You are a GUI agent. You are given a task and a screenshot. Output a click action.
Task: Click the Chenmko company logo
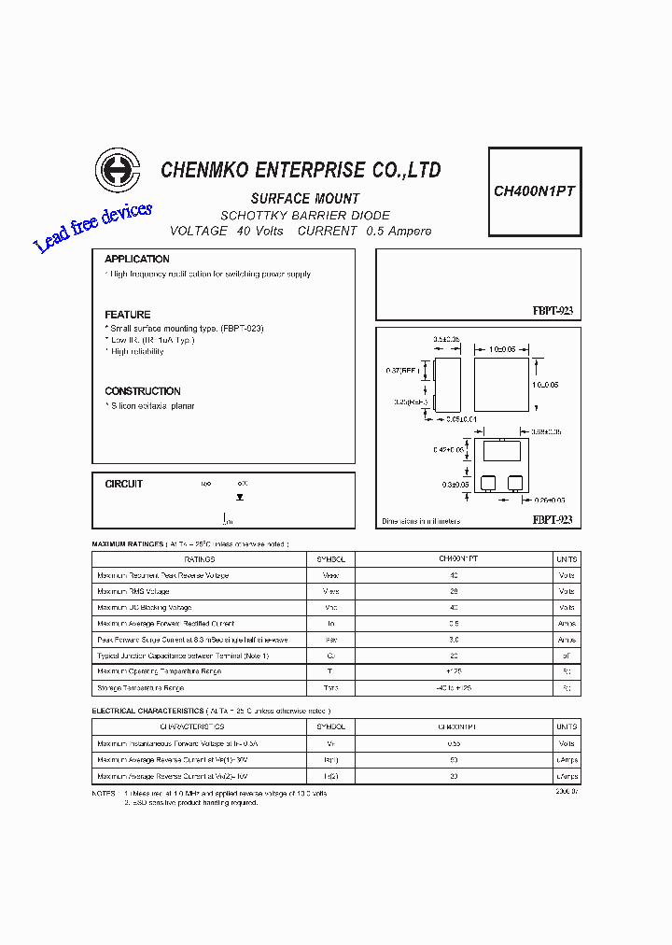click(x=118, y=172)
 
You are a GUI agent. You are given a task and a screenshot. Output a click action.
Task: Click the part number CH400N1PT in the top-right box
click(x=534, y=190)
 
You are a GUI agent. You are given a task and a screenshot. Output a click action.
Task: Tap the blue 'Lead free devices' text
click(x=92, y=227)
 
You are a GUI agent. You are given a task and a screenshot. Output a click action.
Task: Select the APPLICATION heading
click(x=137, y=259)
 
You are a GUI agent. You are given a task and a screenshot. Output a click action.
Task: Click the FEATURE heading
click(x=128, y=315)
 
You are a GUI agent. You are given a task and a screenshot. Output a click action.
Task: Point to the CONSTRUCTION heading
click(x=143, y=391)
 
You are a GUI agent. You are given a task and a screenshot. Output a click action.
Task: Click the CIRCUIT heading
click(x=124, y=484)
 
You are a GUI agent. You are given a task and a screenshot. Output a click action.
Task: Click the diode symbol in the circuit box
click(x=240, y=498)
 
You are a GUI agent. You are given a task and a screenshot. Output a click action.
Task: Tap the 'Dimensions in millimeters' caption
click(x=421, y=521)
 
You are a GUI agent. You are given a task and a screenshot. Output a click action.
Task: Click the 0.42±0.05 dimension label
click(x=448, y=450)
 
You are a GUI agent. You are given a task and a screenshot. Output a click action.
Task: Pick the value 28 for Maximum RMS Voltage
click(x=454, y=592)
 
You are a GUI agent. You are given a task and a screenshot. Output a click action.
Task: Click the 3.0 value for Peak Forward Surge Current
click(x=454, y=640)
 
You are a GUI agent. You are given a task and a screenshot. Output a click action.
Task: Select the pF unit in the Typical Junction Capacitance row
click(x=566, y=656)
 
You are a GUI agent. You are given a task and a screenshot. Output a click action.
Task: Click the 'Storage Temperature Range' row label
click(x=141, y=688)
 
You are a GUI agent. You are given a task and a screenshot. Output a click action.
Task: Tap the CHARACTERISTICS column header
click(x=192, y=726)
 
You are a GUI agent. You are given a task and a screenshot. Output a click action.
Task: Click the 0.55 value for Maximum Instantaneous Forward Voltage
click(x=454, y=743)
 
